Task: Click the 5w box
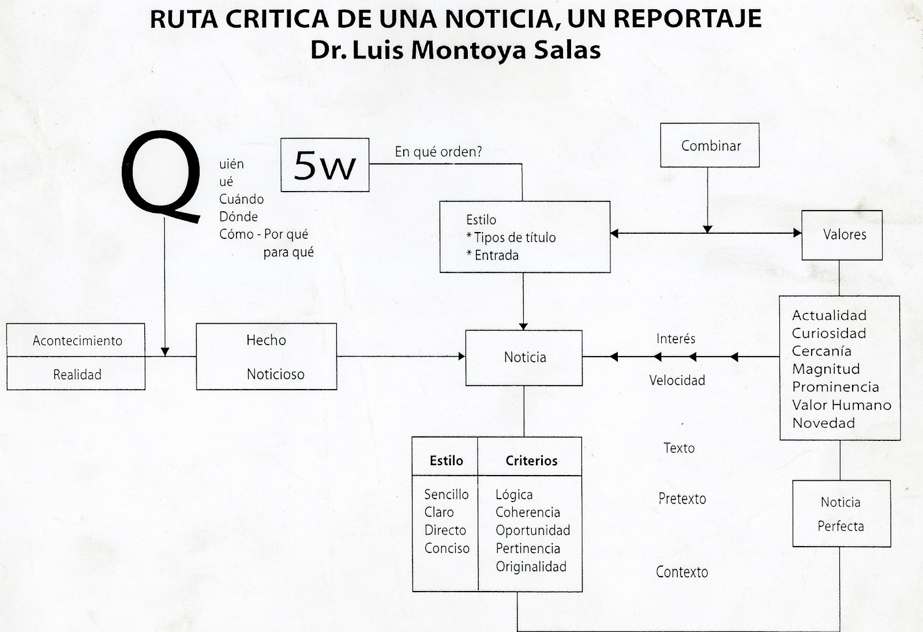pyautogui.click(x=325, y=165)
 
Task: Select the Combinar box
pyautogui.click(x=710, y=145)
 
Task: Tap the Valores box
pyautogui.click(x=842, y=235)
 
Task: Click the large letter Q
pyautogui.click(x=162, y=176)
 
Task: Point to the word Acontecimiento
pyautogui.click(x=77, y=341)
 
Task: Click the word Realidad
pyautogui.click(x=77, y=375)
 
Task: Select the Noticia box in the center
pyautogui.click(x=524, y=358)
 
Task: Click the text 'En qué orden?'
pyautogui.click(x=438, y=152)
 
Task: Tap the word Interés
pyautogui.click(x=676, y=339)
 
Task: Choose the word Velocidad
pyautogui.click(x=677, y=381)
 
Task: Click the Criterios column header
pyautogui.click(x=531, y=461)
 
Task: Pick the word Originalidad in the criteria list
pyautogui.click(x=531, y=567)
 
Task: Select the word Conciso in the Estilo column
pyautogui.click(x=447, y=549)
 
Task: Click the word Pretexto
pyautogui.click(x=682, y=499)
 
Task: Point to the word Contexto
pyautogui.click(x=682, y=573)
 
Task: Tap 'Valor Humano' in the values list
pyautogui.click(x=842, y=405)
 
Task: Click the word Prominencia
pyautogui.click(x=835, y=387)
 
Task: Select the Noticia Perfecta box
pyautogui.click(x=841, y=514)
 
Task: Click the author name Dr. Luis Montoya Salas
pyautogui.click(x=456, y=50)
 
